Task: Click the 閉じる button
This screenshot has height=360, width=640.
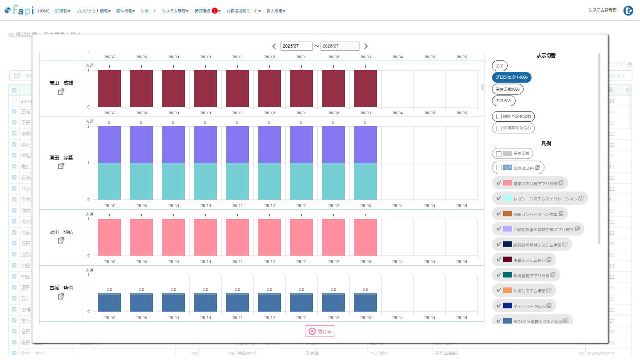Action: tap(320, 331)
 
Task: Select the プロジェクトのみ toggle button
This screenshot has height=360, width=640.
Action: tap(512, 77)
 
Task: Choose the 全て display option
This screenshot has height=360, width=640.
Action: tap(500, 66)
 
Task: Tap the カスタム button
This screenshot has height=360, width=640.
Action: tap(504, 101)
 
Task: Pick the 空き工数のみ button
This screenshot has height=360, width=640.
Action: tap(508, 89)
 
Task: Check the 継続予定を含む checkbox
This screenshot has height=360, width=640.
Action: tap(499, 116)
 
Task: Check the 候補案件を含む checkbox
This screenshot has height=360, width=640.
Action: tap(499, 128)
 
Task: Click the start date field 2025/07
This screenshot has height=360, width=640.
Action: tap(296, 46)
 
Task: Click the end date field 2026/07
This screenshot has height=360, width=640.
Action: tap(340, 46)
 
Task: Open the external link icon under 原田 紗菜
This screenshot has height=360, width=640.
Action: tap(61, 166)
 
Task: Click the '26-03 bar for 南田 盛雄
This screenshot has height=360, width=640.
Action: tap(365, 88)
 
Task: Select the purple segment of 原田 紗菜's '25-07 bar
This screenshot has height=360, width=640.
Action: tap(109, 144)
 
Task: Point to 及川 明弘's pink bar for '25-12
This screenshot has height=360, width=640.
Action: tap(269, 237)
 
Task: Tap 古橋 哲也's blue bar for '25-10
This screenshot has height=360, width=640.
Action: tap(205, 302)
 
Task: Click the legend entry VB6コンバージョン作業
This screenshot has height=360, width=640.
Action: tap(530, 214)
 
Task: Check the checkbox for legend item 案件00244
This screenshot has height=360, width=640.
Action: tap(499, 168)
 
